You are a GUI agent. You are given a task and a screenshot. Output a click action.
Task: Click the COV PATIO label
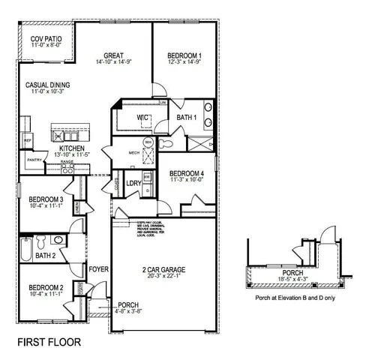[x=45, y=38]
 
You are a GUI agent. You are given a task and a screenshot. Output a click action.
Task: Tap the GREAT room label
[x=114, y=55]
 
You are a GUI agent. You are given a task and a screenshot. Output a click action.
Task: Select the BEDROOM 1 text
[x=184, y=55]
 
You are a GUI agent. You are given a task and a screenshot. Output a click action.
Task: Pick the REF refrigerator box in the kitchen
[x=27, y=140]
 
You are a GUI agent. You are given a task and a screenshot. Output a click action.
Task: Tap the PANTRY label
[x=34, y=160]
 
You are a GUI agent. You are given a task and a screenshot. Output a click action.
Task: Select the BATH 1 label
[x=186, y=118]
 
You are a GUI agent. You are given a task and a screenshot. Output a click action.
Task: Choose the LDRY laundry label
[x=134, y=182]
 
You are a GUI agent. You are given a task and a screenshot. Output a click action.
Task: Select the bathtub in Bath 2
[x=26, y=248]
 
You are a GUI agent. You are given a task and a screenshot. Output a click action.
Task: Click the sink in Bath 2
[x=58, y=240]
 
